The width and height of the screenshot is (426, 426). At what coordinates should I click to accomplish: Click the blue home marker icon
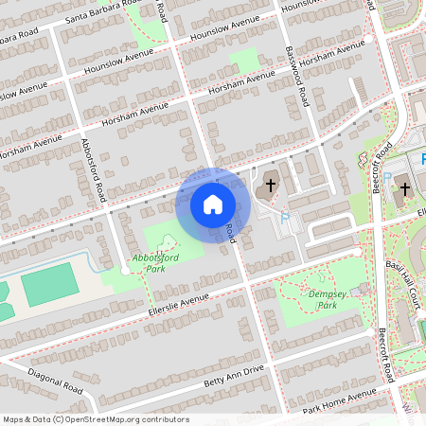pyautogui.click(x=213, y=204)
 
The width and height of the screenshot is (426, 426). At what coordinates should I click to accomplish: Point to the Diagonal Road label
pyautogui.click(x=55, y=381)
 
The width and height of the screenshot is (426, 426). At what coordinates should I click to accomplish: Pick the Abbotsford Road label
pyautogui.click(x=92, y=170)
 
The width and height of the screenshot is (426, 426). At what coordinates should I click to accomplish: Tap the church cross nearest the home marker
pyautogui.click(x=272, y=185)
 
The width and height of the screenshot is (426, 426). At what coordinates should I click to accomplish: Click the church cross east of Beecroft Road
pyautogui.click(x=405, y=189)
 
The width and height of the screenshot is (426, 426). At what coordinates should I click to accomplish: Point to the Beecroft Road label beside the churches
pyautogui.click(x=383, y=167)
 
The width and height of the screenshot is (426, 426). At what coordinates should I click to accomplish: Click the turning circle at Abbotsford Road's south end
pyautogui.click(x=124, y=272)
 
